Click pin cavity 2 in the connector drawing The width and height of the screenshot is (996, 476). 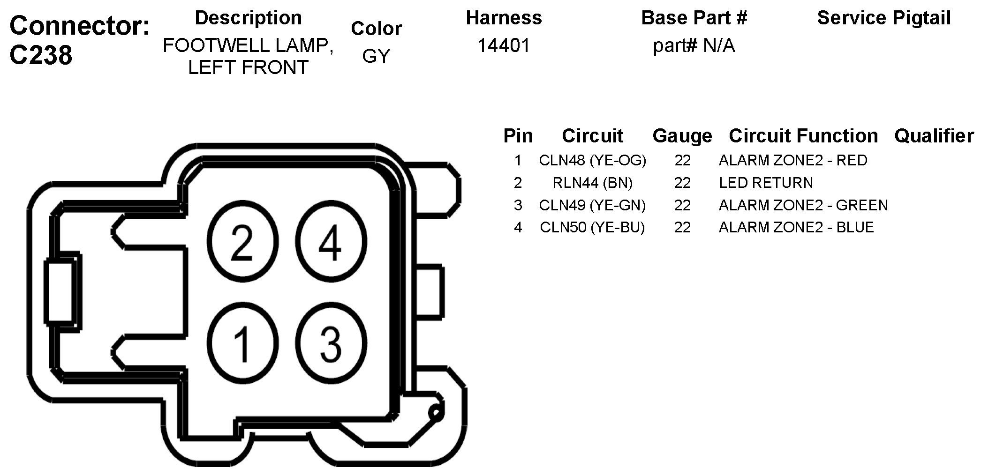click(242, 242)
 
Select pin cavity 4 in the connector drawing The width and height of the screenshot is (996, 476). click(331, 242)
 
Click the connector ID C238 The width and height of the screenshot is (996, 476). click(41, 55)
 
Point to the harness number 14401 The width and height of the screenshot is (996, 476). click(504, 45)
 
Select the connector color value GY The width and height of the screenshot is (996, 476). click(376, 56)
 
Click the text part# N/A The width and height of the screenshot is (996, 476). click(694, 45)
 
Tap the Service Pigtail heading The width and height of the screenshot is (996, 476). click(884, 18)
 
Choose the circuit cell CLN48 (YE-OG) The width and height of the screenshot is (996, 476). click(592, 160)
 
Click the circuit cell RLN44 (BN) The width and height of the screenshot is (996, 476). click(592, 183)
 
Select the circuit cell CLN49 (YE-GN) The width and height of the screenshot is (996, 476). click(592, 205)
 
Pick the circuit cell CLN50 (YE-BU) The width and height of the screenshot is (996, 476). click(592, 227)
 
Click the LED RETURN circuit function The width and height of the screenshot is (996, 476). click(766, 183)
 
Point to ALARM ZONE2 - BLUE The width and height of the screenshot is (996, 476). click(796, 227)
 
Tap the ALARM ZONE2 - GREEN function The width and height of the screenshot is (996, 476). click(803, 205)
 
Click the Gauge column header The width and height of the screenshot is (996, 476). click(682, 136)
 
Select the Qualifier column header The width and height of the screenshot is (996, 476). click(934, 136)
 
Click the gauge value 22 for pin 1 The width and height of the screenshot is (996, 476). click(682, 160)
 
